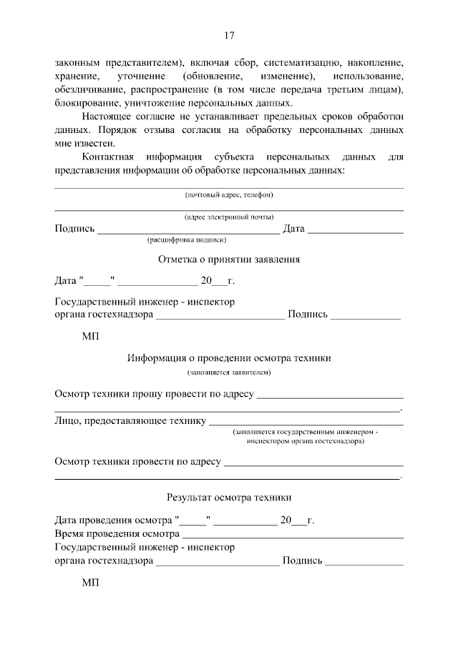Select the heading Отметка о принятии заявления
coord(229,260)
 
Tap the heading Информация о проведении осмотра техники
coord(229,357)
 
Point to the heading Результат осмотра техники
coord(229,496)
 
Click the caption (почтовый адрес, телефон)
coord(229,194)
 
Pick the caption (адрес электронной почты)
coord(229,217)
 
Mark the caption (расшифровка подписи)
coord(187,241)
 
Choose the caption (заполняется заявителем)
coord(229,373)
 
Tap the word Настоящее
coord(107,117)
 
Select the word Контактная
coord(108,157)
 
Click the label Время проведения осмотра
coord(116,534)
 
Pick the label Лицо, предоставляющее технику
coord(130,421)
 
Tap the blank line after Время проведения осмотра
coord(293,535)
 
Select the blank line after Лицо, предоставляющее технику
coord(306,423)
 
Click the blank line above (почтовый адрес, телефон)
coord(229,187)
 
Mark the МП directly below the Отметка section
coord(91,335)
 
